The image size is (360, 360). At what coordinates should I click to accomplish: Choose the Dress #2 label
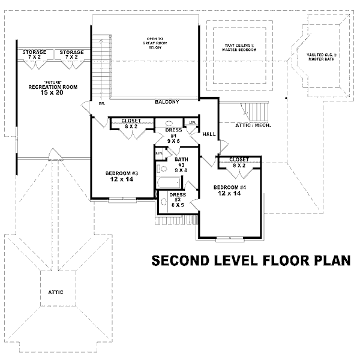coord(178,199)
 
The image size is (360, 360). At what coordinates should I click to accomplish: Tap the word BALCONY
coord(166,102)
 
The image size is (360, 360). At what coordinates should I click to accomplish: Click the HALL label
coord(209,134)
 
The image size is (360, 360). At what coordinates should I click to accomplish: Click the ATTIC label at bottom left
coord(56,292)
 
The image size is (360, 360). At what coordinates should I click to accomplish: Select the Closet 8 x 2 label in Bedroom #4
coord(239,162)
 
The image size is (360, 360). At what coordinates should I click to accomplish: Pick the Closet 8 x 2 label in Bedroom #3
coord(131,123)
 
